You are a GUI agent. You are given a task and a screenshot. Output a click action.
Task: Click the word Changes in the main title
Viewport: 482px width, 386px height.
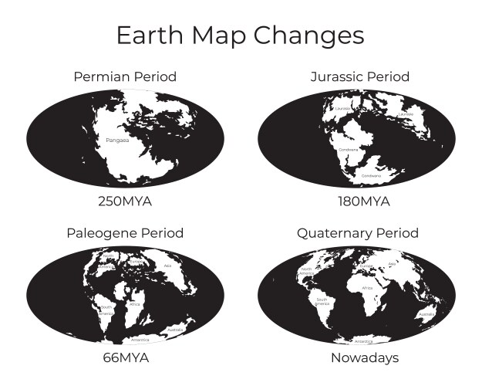point(310,36)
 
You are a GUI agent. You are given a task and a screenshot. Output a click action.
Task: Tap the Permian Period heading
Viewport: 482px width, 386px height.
point(125,76)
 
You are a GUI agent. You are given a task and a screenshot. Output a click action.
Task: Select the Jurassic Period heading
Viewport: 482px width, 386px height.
point(359,76)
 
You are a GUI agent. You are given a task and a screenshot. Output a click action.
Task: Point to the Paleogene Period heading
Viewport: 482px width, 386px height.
point(125,232)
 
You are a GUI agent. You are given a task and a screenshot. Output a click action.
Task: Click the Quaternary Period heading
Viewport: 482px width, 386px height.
point(358,232)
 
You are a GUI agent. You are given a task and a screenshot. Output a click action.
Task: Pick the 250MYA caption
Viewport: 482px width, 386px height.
point(125,201)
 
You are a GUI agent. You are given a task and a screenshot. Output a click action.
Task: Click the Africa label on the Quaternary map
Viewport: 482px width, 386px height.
point(367,287)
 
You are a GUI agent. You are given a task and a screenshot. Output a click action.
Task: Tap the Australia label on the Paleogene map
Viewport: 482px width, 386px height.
point(175,331)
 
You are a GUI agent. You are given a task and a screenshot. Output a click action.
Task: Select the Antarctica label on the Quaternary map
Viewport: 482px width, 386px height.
point(362,340)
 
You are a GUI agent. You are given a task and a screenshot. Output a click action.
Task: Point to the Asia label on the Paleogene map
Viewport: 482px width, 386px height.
point(168,266)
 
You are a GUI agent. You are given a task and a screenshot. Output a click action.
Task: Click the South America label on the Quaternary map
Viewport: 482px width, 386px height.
point(322,302)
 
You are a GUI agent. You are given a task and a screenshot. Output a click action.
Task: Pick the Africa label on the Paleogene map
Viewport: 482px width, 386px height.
point(135,304)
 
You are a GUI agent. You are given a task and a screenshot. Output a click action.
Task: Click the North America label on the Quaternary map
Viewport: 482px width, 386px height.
point(305,271)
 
